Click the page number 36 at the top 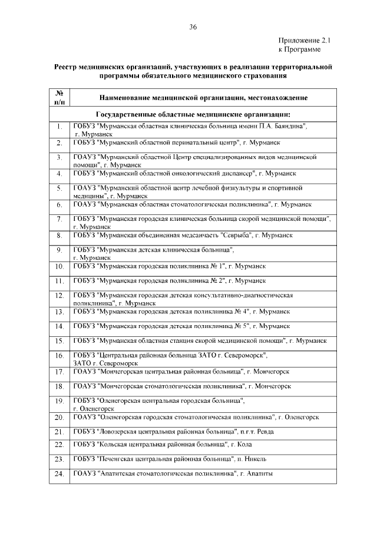(193, 27)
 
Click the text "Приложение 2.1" (305, 41)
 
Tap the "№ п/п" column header (59, 97)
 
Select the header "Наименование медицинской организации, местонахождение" (203, 98)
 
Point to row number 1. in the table (59, 127)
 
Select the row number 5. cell (59, 189)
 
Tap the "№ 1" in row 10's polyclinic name (216, 266)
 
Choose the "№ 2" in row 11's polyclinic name (216, 280)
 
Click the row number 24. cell (59, 475)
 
